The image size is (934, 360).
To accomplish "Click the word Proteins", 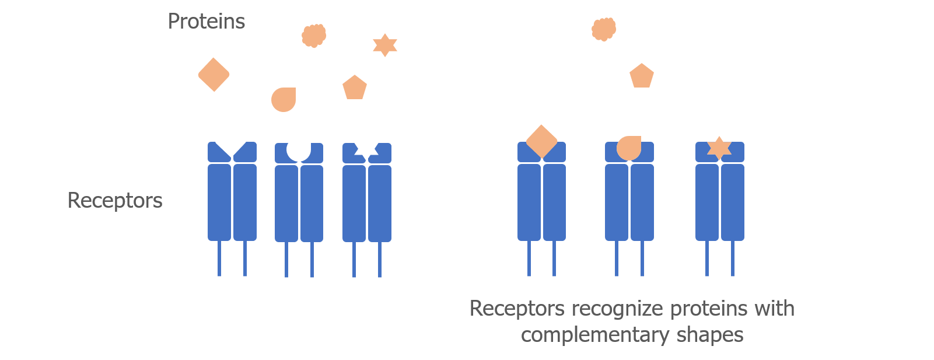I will [206, 22].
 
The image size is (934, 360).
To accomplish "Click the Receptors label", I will [115, 201].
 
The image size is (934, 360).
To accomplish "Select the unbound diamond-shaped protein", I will [214, 75].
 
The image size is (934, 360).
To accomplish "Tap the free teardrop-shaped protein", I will [284, 99].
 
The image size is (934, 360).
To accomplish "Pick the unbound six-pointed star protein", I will [385, 45].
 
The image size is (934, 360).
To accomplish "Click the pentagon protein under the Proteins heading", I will [355, 88].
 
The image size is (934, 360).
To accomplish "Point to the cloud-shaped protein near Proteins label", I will [314, 36].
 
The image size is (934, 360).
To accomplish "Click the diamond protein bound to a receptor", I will [541, 141].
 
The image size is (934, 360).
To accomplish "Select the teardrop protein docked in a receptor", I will [629, 148].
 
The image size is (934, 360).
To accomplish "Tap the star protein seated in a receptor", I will [719, 148].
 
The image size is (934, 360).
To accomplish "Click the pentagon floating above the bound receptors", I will [642, 76].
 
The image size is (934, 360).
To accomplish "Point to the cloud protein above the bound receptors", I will [604, 29].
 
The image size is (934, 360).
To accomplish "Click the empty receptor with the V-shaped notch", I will [232, 198].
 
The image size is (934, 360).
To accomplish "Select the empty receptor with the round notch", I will [299, 198].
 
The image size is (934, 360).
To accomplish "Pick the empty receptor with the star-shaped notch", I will [367, 198].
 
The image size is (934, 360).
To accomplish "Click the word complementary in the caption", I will [595, 335].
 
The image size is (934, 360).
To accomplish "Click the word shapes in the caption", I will [710, 335].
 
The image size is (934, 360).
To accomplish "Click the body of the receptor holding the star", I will [720, 201].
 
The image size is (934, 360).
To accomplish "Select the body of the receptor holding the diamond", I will [541, 201].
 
